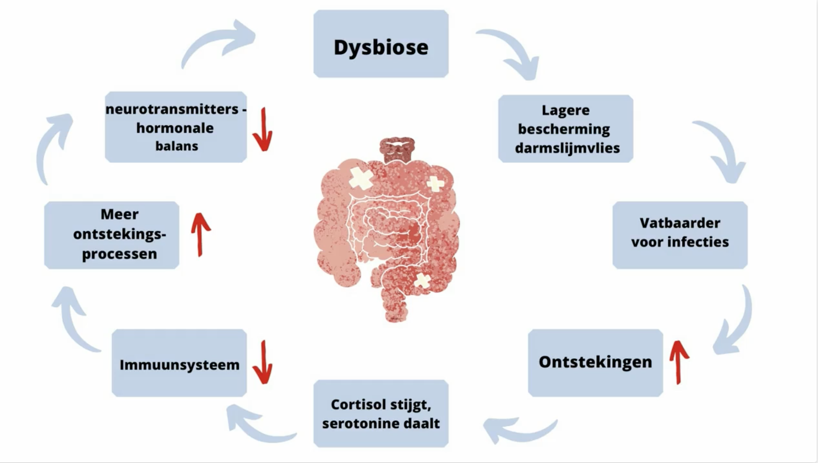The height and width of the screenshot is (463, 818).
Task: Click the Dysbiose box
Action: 381,44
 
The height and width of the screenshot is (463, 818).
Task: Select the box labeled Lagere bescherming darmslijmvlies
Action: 566,129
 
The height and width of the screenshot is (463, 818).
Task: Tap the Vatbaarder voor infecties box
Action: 680,235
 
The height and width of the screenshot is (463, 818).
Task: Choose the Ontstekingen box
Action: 595,363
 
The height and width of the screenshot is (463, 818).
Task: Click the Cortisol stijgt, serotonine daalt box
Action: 381,414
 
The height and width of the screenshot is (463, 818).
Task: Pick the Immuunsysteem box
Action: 179,363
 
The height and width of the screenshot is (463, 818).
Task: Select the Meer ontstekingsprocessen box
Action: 112,235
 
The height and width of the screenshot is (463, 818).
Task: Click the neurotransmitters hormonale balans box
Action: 175,127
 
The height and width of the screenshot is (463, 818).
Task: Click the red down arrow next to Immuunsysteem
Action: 263,363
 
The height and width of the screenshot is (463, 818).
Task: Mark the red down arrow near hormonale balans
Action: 263,130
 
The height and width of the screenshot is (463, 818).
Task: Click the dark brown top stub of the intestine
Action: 397,149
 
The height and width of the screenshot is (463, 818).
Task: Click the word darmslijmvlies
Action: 567,148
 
